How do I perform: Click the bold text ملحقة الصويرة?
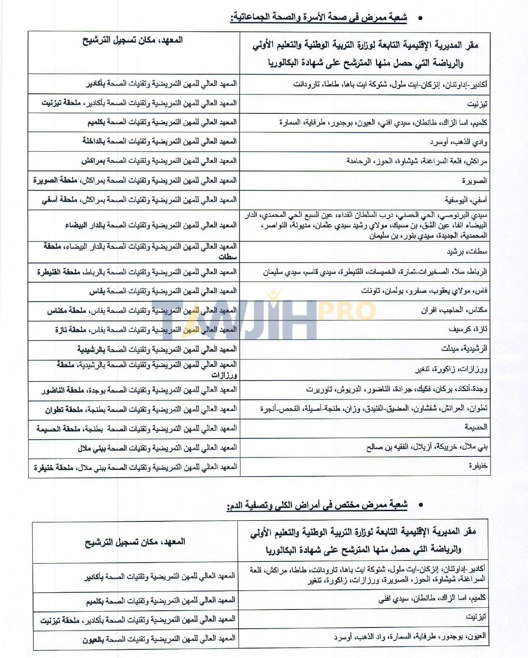click(x=55, y=180)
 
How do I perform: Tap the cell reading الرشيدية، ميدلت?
click(x=464, y=349)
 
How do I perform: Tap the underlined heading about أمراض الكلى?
click(x=317, y=505)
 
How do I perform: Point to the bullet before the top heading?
click(x=420, y=18)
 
